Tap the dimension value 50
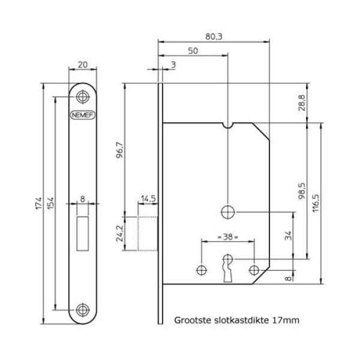[x=193, y=52]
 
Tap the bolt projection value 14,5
[x=148, y=198]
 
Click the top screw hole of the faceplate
[x=82, y=94]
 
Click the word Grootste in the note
[x=191, y=321]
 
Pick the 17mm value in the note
[x=286, y=321]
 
